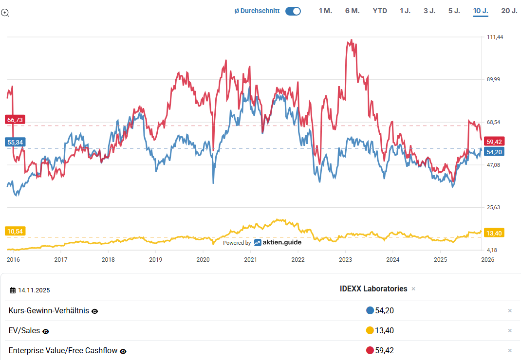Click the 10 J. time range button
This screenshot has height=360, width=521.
(x=481, y=11)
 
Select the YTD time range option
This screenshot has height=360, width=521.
(x=380, y=11)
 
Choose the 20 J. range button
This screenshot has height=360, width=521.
(x=509, y=11)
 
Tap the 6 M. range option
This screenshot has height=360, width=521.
(x=352, y=11)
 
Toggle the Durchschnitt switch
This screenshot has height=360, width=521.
(x=293, y=11)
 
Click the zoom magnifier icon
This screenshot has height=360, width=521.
(x=5, y=13)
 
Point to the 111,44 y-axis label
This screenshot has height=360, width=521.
(x=495, y=37)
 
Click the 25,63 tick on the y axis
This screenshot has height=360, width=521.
(x=494, y=208)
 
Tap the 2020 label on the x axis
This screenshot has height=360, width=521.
(x=203, y=260)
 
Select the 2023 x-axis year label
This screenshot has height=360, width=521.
(x=345, y=260)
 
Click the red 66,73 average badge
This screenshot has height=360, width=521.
(x=14, y=120)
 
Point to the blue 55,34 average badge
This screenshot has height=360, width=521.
(x=14, y=142)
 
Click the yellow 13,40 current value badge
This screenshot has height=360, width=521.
(x=494, y=233)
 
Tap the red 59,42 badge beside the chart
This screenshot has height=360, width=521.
(x=494, y=142)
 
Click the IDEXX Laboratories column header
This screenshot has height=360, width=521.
(x=373, y=288)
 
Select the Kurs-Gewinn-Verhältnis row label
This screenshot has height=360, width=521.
(x=49, y=310)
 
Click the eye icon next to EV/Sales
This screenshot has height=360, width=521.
(x=46, y=331)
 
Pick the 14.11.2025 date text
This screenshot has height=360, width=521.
(x=34, y=290)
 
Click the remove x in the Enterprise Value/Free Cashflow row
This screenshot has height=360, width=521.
(x=510, y=351)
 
